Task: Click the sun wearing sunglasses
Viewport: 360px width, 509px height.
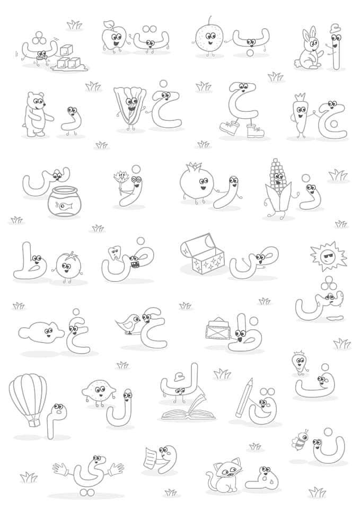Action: (x=328, y=256)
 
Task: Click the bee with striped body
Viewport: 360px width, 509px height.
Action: (x=300, y=440)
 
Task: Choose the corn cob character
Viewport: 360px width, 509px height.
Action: (x=277, y=189)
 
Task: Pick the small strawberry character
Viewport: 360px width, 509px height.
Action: (x=300, y=362)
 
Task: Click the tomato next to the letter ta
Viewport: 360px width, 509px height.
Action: (x=67, y=265)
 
